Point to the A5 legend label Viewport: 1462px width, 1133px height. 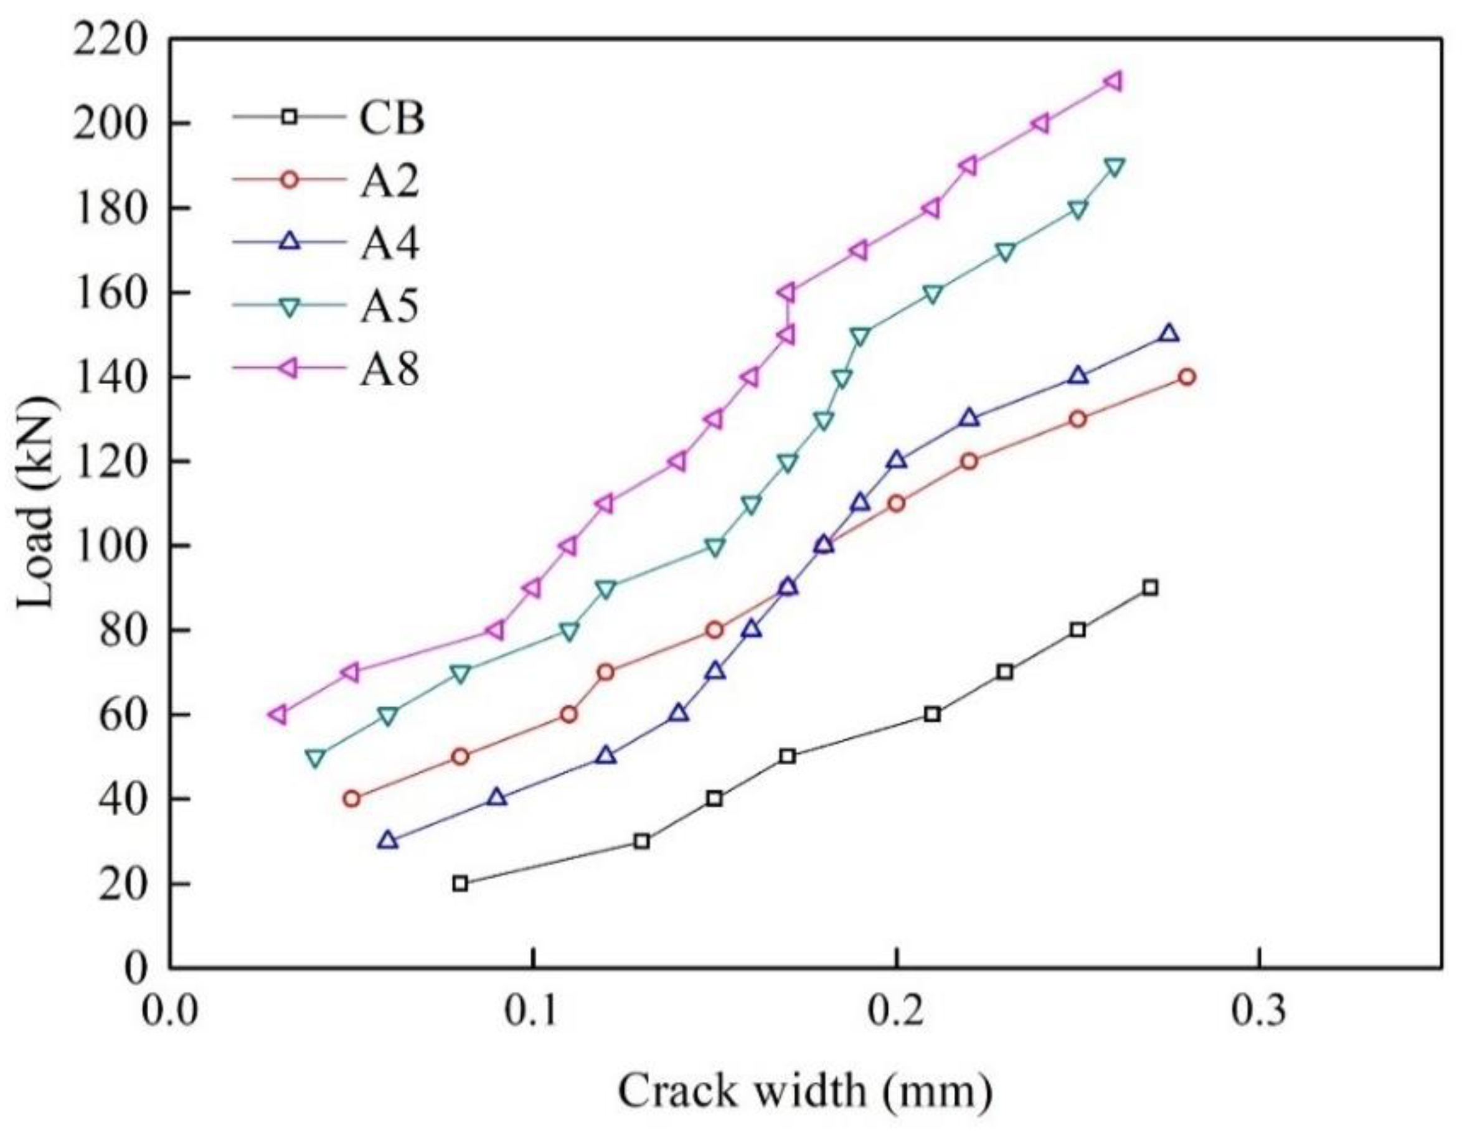[x=390, y=306]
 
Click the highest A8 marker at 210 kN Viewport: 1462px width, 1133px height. [x=1113, y=82]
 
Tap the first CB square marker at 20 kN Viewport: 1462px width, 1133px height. [x=460, y=883]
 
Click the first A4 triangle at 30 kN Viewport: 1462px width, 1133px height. [x=387, y=840]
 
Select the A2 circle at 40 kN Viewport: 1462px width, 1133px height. [x=351, y=798]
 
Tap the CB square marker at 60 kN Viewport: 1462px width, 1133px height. [x=932, y=714]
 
